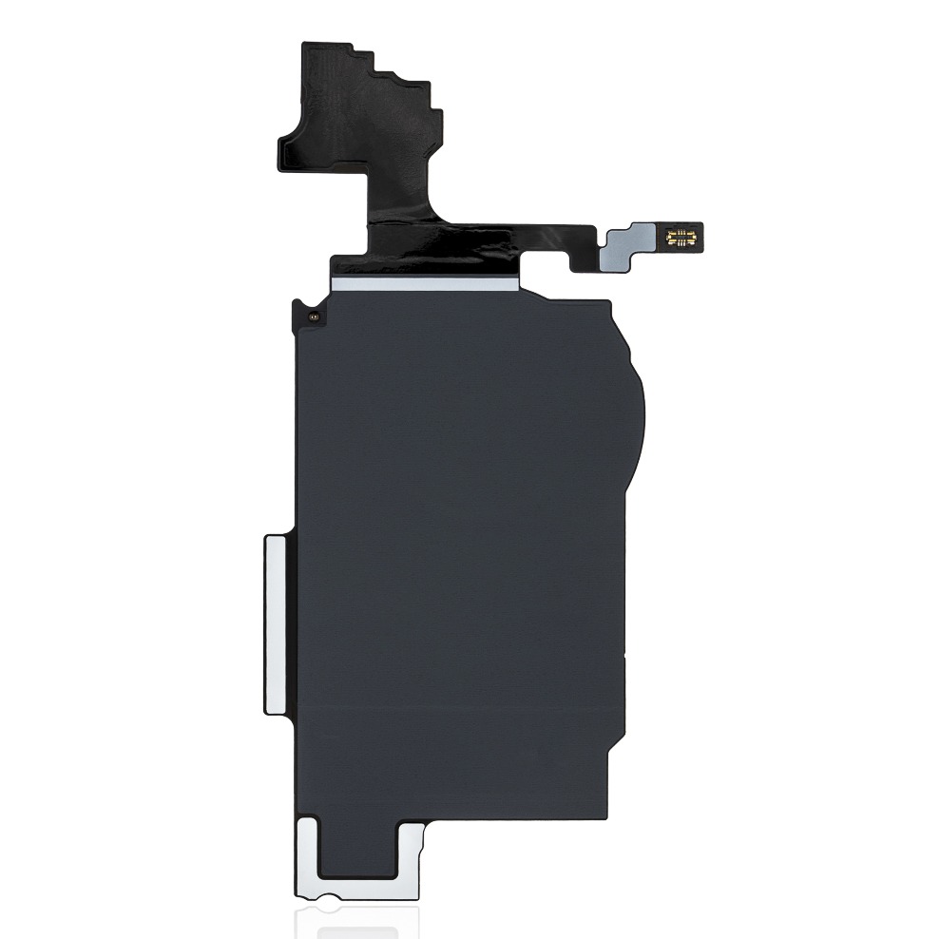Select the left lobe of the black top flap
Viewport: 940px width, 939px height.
pyautogui.click(x=304, y=152)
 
